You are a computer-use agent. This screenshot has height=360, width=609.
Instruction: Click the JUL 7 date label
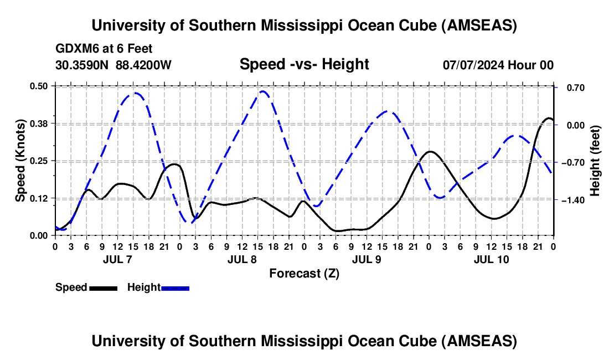point(118,259)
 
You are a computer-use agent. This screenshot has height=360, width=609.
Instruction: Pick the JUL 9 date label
point(367,259)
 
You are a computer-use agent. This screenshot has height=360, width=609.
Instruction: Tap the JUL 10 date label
point(491,259)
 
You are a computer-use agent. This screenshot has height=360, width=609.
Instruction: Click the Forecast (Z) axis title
point(304,274)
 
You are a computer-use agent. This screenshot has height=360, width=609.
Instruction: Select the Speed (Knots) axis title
point(20,161)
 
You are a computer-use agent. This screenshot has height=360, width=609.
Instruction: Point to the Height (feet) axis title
point(595,161)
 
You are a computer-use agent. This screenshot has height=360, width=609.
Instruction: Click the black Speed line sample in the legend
point(104,288)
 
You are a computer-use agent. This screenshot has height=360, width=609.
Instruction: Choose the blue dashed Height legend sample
point(175,288)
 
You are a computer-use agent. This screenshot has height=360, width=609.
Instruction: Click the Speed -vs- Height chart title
point(304,64)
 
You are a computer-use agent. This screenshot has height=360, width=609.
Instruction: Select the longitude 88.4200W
point(143,65)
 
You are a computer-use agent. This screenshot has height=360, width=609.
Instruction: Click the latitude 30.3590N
point(82,65)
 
